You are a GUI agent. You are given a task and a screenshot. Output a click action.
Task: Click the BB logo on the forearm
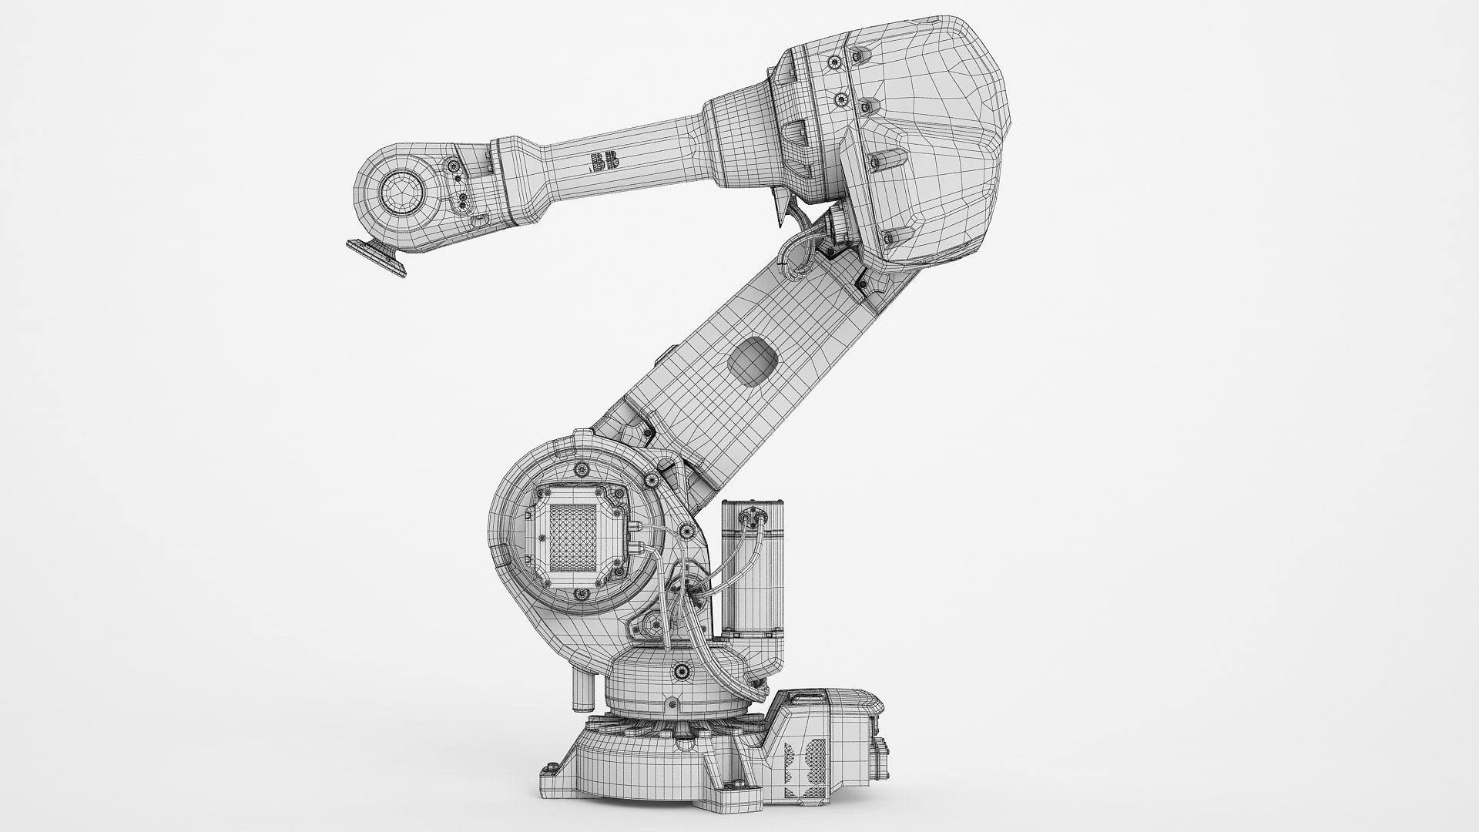click(597, 162)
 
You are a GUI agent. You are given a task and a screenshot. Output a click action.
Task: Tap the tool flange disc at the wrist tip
click(377, 255)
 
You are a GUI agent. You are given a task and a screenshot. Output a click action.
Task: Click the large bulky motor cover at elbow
click(917, 139)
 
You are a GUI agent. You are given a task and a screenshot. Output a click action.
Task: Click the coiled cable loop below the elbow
click(797, 254)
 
